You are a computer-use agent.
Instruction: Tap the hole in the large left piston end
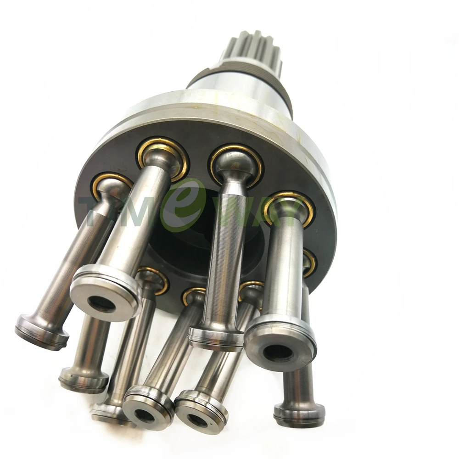coord(102,303)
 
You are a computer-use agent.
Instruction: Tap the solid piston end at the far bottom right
coord(299,414)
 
